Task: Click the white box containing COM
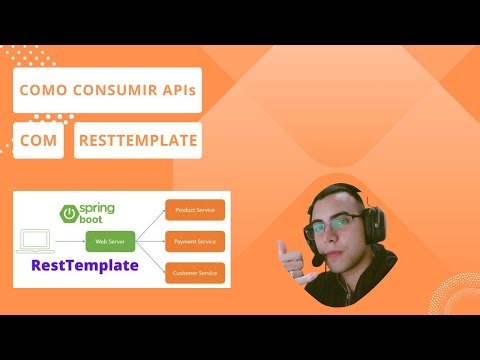coord(38,141)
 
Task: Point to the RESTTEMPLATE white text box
coord(138,141)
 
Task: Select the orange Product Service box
coord(195,210)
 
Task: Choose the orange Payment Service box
coord(195,241)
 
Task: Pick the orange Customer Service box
coord(195,272)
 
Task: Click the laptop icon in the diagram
coord(36,240)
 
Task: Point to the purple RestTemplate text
coord(85,266)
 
